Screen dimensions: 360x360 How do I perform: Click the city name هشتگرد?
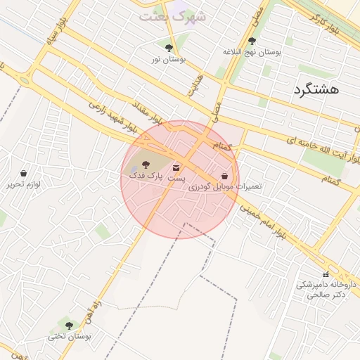click(x=314, y=89)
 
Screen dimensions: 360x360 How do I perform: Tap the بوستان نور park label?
click(x=168, y=60)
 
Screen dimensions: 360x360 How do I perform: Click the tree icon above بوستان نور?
click(x=169, y=48)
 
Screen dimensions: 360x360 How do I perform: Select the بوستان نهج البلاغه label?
click(x=252, y=52)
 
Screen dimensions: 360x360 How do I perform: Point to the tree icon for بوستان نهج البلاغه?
click(x=252, y=41)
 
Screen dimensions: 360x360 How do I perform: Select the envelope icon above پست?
click(x=176, y=167)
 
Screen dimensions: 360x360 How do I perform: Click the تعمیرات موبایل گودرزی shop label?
click(x=231, y=186)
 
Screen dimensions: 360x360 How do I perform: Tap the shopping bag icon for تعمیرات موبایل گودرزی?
click(x=224, y=176)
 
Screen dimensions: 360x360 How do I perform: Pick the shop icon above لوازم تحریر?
click(x=24, y=172)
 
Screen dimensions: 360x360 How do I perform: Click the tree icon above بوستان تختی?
click(x=69, y=325)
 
